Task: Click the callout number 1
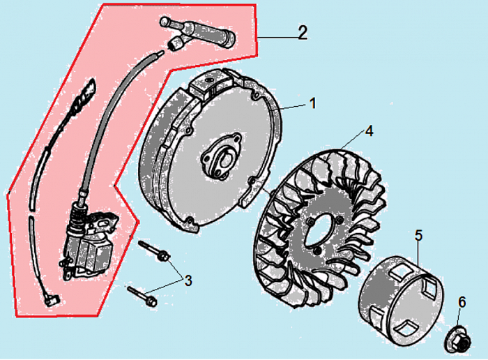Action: click(312, 103)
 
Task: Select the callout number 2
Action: click(302, 32)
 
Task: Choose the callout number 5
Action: click(418, 235)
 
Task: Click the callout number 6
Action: click(462, 301)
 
